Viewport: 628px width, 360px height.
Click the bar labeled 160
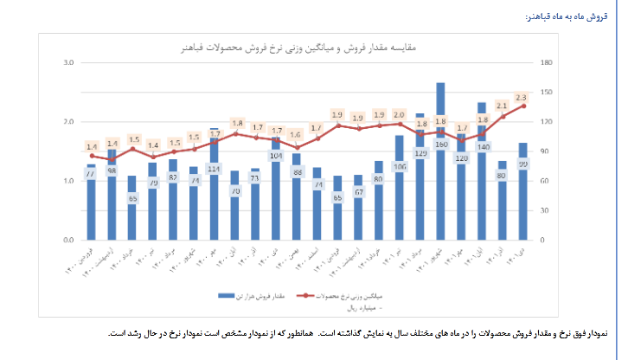441,164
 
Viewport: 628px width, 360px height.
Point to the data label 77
90,174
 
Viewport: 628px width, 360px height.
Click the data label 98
112,170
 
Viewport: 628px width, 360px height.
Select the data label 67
358,191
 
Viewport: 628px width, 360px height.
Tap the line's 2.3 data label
521,97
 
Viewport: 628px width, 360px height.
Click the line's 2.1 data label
501,106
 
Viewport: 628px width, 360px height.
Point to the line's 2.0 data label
399,114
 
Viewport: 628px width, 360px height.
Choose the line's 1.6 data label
295,134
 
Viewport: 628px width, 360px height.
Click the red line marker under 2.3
523,106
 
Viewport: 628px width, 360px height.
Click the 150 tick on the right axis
544,93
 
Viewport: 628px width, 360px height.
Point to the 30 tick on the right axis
542,210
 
